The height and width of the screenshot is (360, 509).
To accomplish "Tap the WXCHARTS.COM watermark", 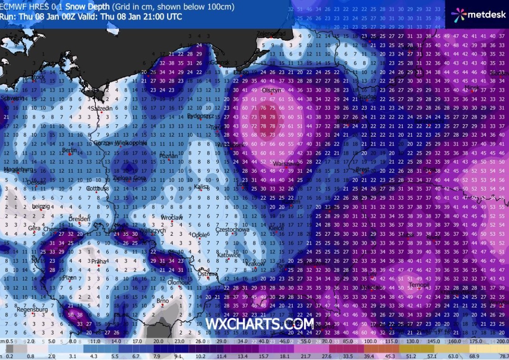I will click(x=259, y=324).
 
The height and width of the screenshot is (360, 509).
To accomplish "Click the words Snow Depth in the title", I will click(x=87, y=7).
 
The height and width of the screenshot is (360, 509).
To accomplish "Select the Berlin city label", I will click(x=70, y=150).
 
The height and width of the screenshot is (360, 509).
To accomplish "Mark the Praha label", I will click(x=98, y=261).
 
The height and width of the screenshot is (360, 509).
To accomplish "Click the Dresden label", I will click(x=79, y=219).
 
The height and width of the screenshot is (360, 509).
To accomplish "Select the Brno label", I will click(x=163, y=301).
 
